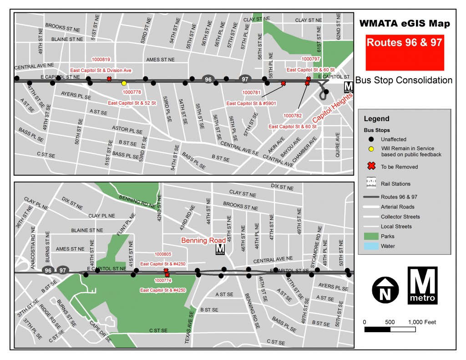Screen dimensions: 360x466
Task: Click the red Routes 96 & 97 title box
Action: (405, 47)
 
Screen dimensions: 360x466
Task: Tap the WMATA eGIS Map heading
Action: (405, 24)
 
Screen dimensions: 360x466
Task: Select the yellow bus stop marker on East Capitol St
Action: (124, 83)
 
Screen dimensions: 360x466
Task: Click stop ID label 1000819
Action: (101, 60)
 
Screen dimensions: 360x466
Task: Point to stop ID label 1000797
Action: (311, 59)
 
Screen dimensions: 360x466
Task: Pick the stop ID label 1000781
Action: (252, 92)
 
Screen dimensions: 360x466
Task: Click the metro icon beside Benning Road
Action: (220, 249)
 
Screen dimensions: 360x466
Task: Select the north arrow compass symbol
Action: (385, 289)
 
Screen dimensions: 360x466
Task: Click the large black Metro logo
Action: (423, 285)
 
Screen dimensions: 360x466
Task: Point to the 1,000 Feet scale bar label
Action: (423, 322)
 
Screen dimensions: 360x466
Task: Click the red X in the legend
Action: (371, 167)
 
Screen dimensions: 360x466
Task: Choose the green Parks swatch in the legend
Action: (371, 236)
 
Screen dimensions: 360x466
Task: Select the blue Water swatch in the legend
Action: (371, 246)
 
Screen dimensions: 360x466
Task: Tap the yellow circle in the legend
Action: (371, 148)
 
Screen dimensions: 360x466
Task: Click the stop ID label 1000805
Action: (163, 254)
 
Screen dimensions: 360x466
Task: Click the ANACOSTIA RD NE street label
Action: (33, 247)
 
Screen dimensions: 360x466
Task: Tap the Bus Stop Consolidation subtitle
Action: (404, 80)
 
